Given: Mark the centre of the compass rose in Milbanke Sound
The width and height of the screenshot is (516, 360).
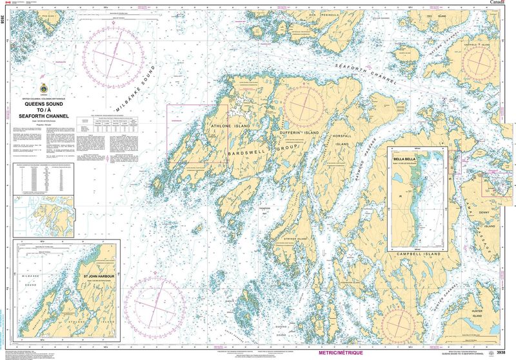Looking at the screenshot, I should tap(115, 54).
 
